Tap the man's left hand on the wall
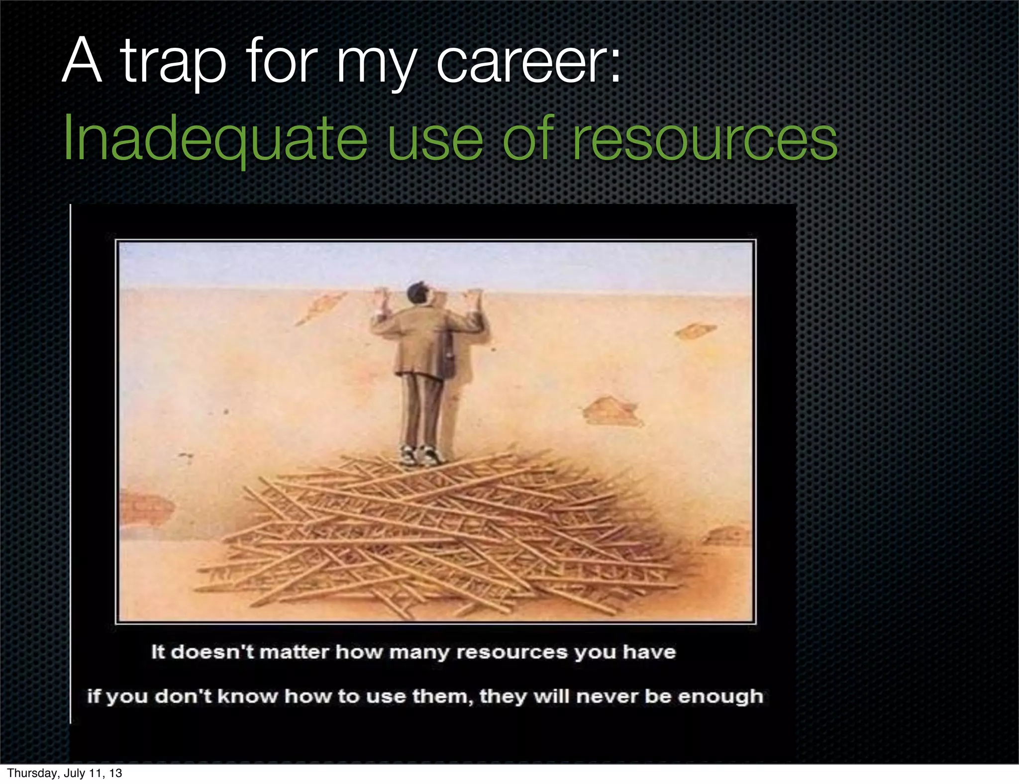(x=383, y=300)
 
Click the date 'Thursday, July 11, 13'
(x=65, y=773)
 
